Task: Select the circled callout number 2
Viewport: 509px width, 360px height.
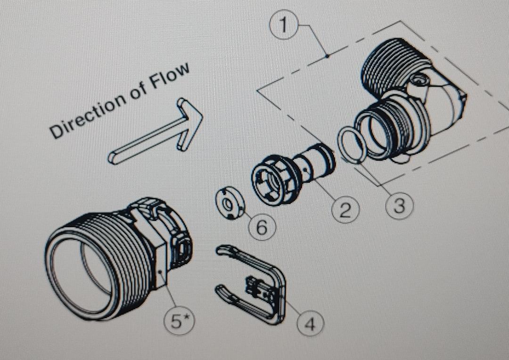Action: point(345,210)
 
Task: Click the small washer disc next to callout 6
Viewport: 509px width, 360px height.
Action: point(229,204)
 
